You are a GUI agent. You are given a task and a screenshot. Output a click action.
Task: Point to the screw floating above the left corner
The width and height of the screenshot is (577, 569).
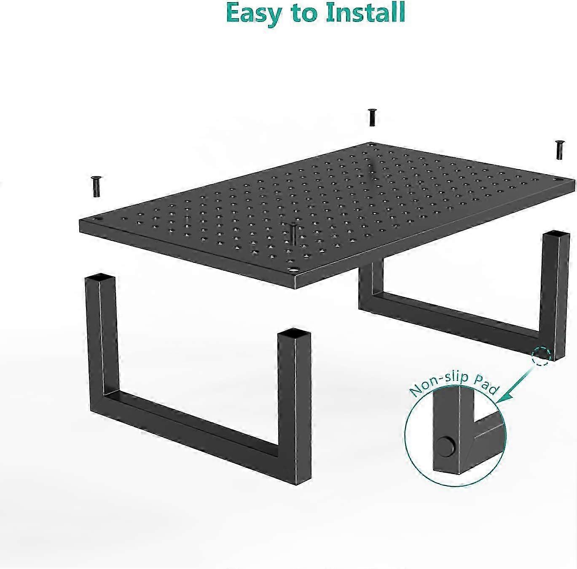tap(97, 186)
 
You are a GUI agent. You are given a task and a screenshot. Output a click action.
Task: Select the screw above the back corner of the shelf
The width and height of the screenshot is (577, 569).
tap(372, 117)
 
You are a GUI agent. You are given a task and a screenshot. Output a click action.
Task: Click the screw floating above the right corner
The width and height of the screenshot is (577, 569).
tap(559, 150)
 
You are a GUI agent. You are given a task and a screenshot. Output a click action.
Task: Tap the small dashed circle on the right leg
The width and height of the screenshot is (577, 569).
tap(541, 356)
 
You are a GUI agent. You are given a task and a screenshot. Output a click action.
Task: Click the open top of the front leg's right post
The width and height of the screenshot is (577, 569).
tap(294, 333)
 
